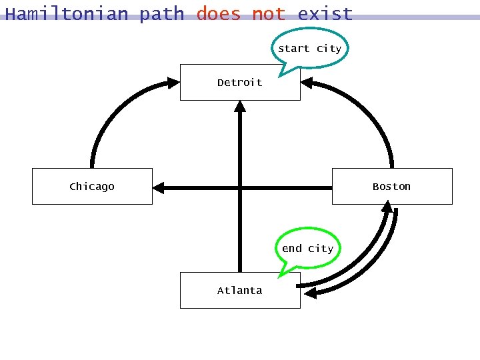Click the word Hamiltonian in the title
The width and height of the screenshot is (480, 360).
click(x=67, y=13)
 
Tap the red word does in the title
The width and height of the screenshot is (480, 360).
click(x=218, y=13)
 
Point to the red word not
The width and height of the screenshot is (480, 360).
click(x=269, y=13)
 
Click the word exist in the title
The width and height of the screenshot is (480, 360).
click(x=325, y=13)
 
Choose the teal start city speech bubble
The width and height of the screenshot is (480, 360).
click(x=309, y=49)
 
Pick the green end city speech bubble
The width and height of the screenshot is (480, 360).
click(x=307, y=249)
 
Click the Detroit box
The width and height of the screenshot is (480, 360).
click(x=240, y=83)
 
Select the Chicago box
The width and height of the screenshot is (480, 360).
click(x=92, y=187)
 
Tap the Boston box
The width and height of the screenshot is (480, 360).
click(x=392, y=187)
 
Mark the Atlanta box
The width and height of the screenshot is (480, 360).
click(x=240, y=291)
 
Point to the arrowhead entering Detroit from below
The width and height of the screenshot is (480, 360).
click(x=240, y=107)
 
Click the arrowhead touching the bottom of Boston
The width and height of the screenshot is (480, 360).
click(x=387, y=207)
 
